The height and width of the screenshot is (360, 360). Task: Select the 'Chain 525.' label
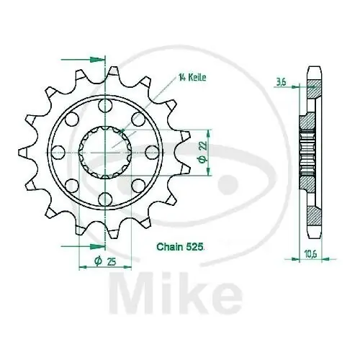tap(181, 246)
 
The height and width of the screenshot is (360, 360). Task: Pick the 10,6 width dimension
tap(310, 252)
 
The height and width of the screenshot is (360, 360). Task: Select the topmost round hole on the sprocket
tap(105, 107)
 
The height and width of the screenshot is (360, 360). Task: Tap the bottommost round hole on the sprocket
tap(105, 198)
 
